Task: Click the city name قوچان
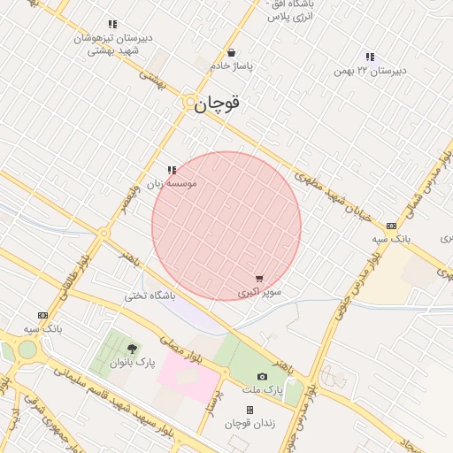217,104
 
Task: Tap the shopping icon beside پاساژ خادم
231,52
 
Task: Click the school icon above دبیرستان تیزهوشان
111,24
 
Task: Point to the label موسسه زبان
171,183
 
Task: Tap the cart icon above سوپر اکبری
258,279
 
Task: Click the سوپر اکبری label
259,291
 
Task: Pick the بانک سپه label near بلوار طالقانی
42,328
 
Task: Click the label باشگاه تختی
150,295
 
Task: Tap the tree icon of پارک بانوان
133,349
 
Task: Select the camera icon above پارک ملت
262,376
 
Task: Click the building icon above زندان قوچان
250,410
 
